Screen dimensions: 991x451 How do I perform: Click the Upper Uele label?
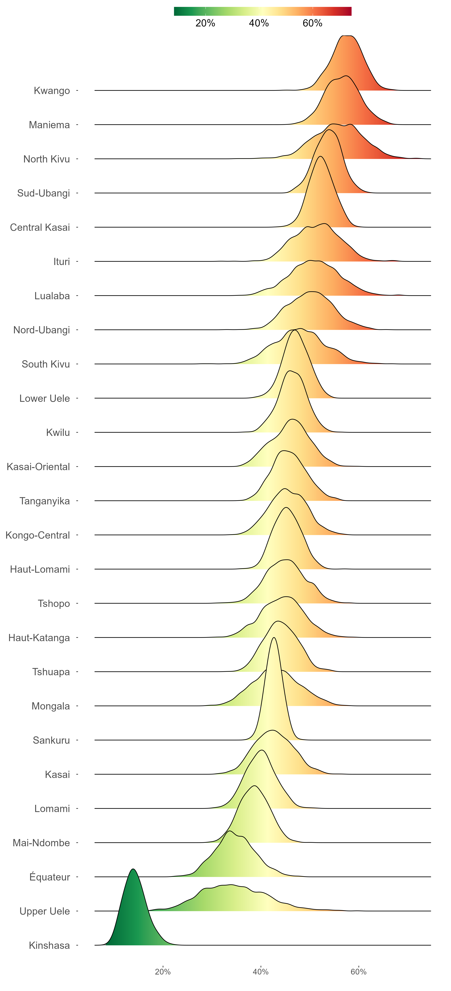45,911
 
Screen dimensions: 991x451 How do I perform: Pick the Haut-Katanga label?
39,638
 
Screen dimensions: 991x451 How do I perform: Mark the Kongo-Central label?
38,535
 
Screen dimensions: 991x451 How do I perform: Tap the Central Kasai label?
40,227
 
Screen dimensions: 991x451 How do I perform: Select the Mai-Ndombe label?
41,843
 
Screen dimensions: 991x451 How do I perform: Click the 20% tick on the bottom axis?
163,972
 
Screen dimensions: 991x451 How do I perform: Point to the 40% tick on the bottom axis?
261,972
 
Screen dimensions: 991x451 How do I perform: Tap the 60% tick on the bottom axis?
359,972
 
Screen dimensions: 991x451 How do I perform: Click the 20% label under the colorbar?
205,23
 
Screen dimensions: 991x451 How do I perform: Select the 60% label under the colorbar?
312,23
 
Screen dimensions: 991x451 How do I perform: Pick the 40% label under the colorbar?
259,23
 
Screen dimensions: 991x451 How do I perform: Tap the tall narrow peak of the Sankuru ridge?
274,638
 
